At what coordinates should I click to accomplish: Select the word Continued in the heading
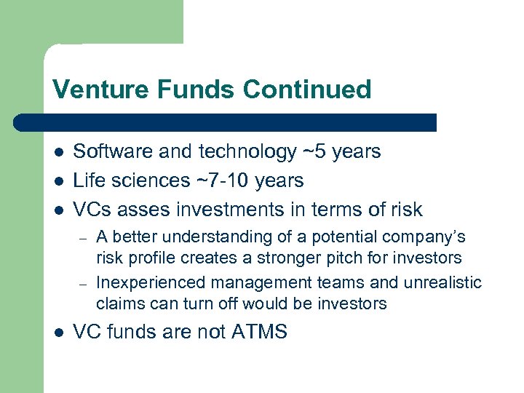[307, 90]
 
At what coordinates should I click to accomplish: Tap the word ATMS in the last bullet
[259, 333]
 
